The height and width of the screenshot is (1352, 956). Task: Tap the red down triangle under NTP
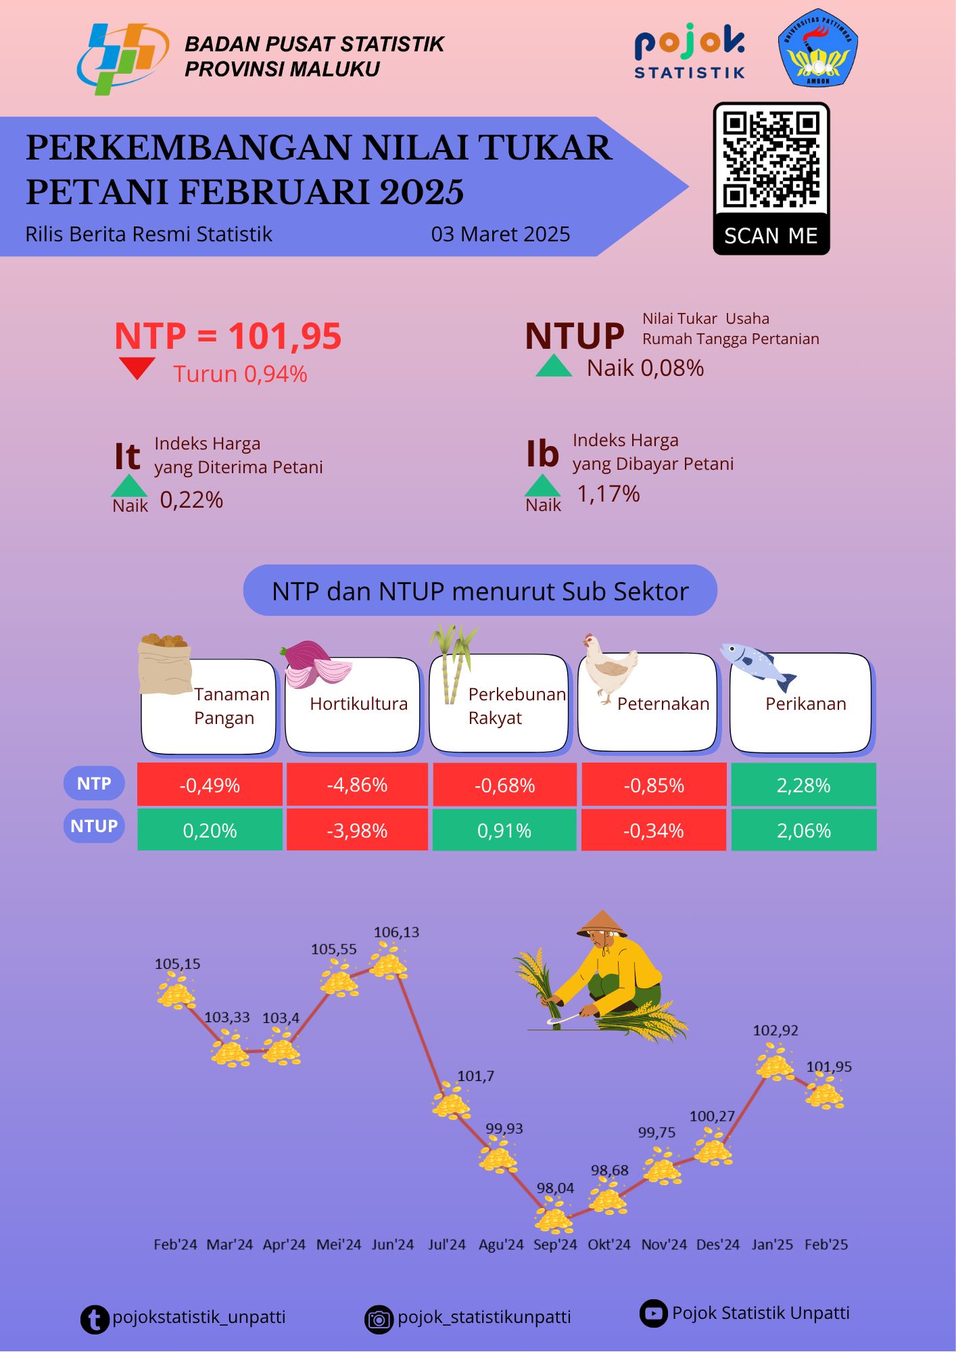(x=137, y=368)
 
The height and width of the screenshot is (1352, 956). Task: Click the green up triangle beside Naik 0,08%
(x=554, y=366)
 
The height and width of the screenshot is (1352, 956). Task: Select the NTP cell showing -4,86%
(x=357, y=785)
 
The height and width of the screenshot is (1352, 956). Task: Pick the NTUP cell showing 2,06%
(x=803, y=830)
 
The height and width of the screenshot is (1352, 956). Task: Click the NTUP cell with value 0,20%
(x=210, y=830)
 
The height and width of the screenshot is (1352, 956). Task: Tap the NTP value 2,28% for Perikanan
(x=803, y=785)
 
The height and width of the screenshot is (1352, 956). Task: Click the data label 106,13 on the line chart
(x=396, y=932)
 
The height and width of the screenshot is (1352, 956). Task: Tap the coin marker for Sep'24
(x=554, y=1217)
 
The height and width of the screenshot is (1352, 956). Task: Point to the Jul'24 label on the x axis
(x=447, y=1245)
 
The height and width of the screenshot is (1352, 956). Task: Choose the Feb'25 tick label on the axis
(x=826, y=1245)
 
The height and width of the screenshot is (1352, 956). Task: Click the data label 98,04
(x=555, y=1188)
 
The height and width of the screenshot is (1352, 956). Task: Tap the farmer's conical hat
(x=600, y=923)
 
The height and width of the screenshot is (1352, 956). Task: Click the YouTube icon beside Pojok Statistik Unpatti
(x=653, y=1313)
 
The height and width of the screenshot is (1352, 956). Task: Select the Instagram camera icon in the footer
(x=379, y=1319)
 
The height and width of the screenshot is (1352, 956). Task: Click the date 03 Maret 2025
(x=500, y=234)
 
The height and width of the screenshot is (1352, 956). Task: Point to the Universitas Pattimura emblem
(x=818, y=48)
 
